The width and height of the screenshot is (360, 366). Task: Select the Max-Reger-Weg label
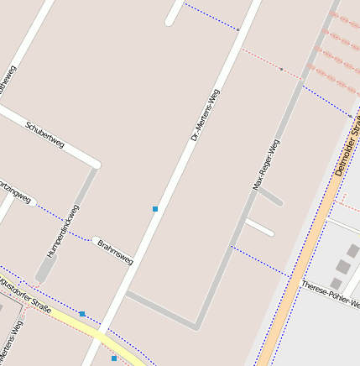point(266,165)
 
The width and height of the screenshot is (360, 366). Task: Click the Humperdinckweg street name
point(64,230)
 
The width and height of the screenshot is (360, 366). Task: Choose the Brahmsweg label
point(115,252)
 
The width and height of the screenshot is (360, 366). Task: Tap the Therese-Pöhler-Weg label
point(330,294)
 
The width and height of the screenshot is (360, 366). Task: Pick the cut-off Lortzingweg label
point(16,192)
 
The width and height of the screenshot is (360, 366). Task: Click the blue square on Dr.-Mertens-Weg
point(155,208)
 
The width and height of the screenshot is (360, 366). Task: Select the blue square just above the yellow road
point(82,314)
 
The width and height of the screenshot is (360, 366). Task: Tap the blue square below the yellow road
point(114,358)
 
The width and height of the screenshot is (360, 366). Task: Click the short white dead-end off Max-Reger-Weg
point(259,227)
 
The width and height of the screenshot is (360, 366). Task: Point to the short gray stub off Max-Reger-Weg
point(269,197)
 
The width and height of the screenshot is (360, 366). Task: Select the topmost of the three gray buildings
point(352,250)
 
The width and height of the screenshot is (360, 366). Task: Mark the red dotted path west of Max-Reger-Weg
point(270,64)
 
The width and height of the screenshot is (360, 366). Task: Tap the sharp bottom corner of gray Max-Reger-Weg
point(196,325)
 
